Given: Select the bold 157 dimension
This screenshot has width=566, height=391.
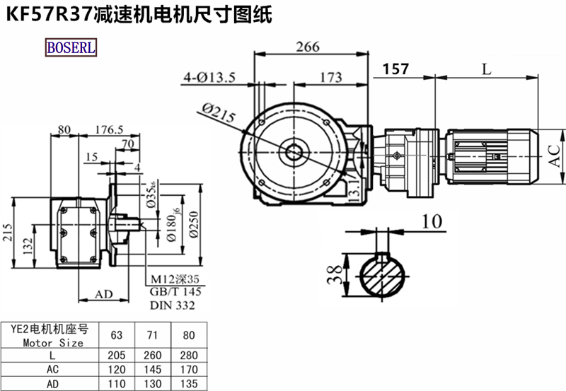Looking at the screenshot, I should click(395, 69).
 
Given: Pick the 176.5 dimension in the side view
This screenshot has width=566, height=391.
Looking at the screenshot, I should click(108, 129).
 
